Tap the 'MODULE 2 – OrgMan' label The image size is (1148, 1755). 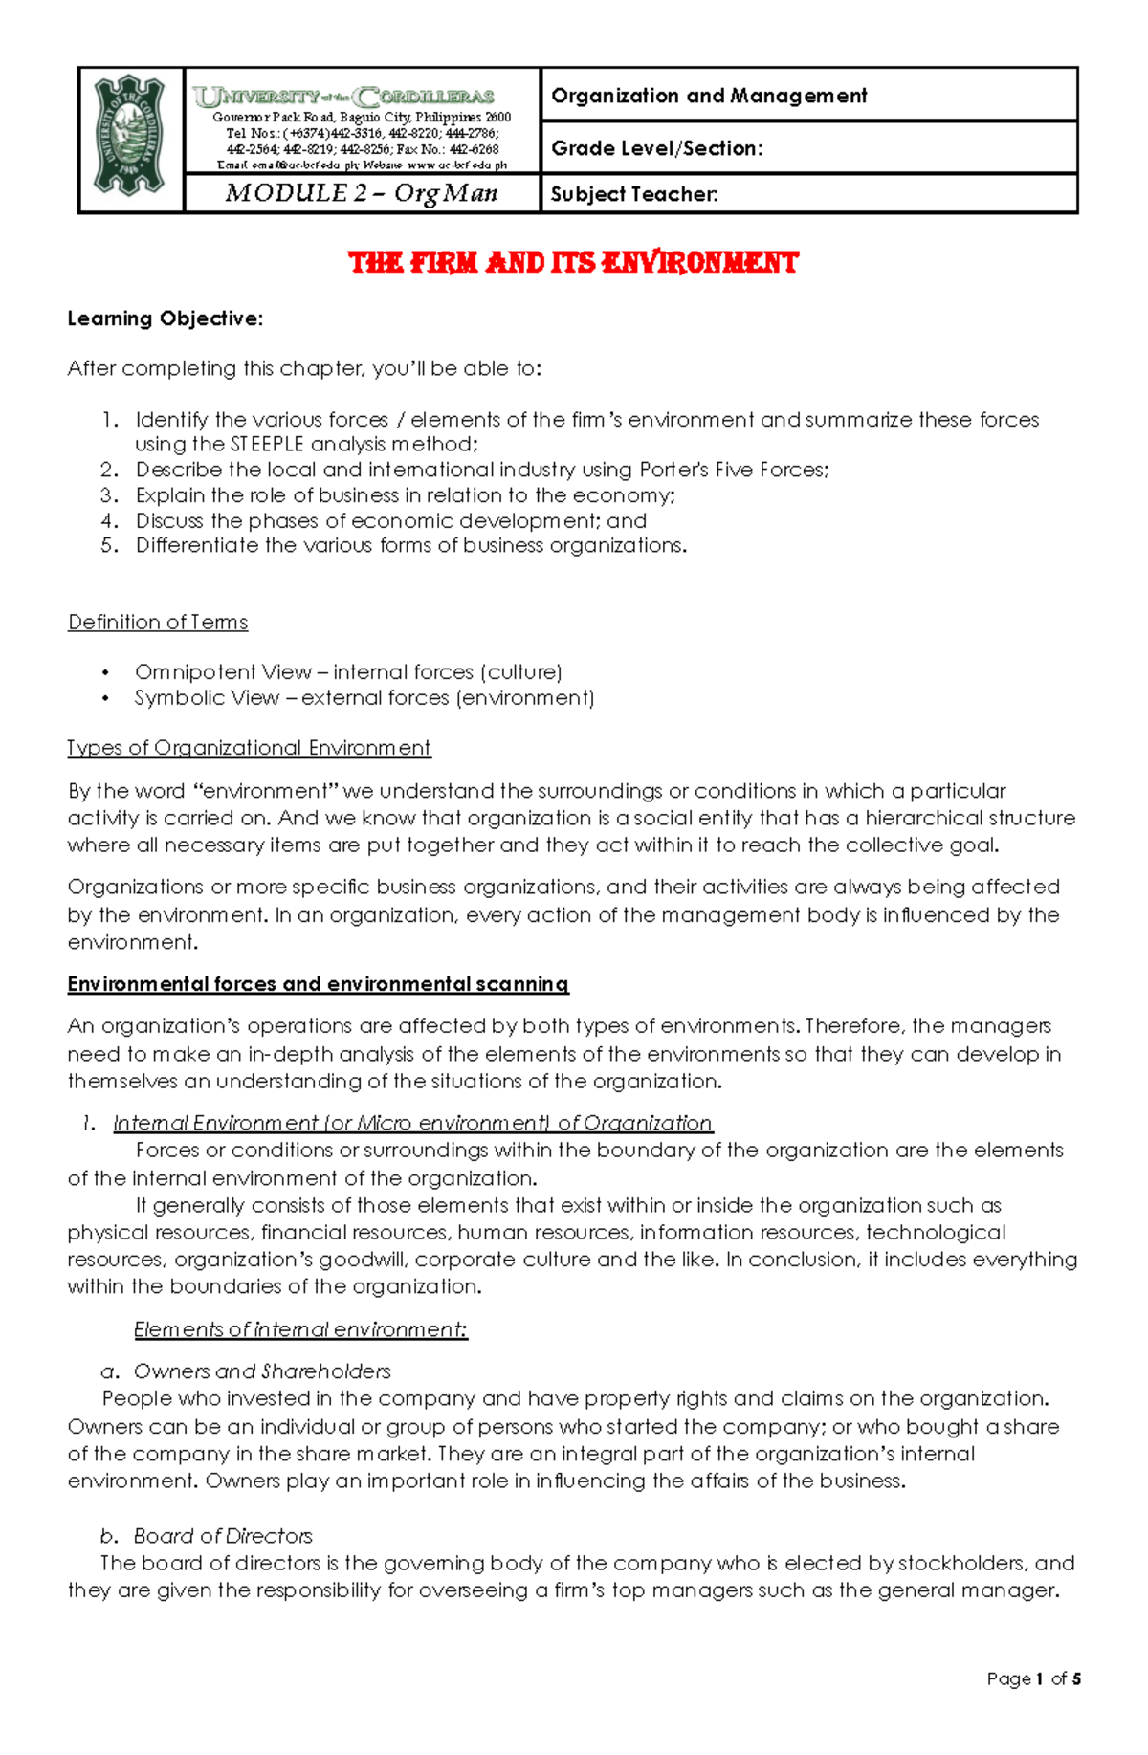(x=362, y=193)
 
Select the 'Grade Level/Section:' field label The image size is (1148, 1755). (x=657, y=148)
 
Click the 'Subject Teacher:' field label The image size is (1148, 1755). (x=634, y=194)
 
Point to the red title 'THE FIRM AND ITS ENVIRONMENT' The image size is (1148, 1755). (x=573, y=263)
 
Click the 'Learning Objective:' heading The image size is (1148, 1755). (x=165, y=318)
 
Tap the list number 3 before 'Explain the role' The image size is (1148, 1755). (x=109, y=495)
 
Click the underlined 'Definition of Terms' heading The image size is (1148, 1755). (x=158, y=623)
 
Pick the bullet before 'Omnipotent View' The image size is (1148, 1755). (x=106, y=672)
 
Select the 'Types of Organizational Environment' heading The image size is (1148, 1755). (x=249, y=748)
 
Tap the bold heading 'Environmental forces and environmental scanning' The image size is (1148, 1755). (x=318, y=984)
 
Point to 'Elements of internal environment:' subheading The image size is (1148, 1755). (x=300, y=1329)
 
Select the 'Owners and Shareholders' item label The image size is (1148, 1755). (x=262, y=1371)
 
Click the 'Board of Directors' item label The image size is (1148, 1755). (x=223, y=1536)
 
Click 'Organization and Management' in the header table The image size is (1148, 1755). (x=709, y=96)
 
